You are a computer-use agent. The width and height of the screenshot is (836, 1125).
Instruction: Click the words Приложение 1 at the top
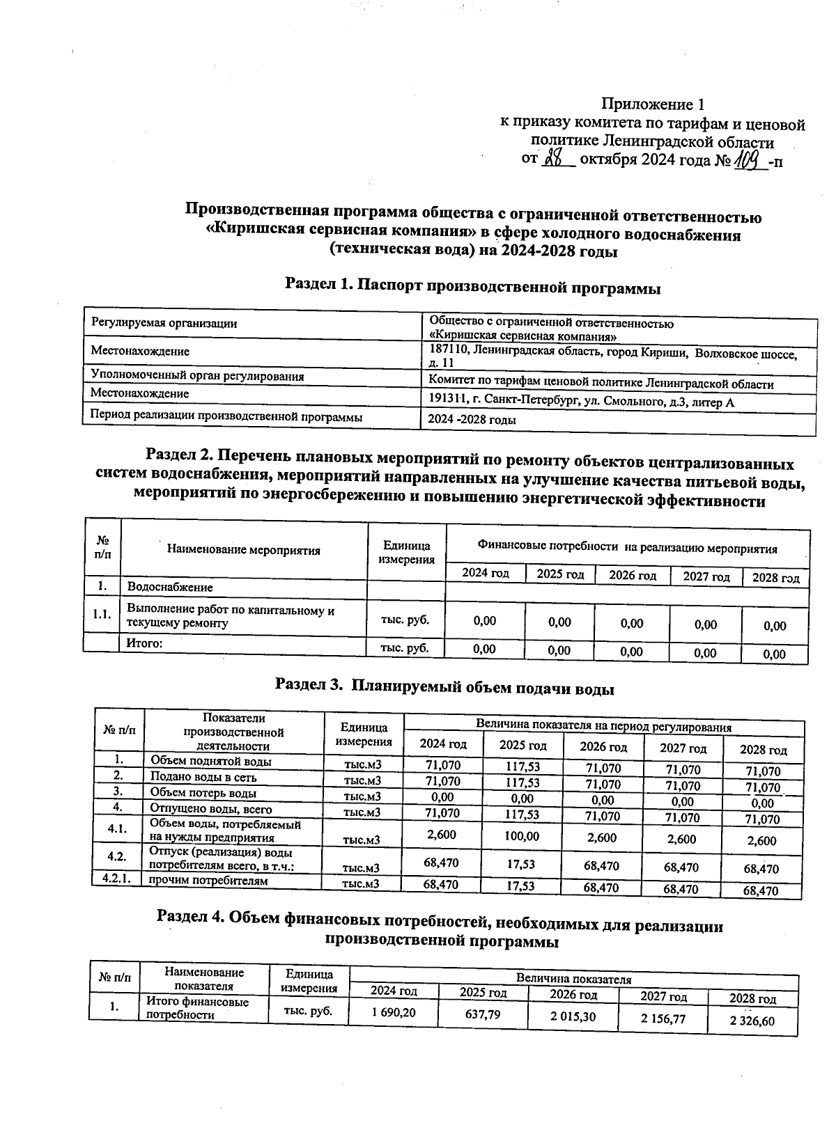[x=653, y=105]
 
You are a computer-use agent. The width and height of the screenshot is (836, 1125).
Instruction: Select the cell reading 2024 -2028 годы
[x=472, y=420]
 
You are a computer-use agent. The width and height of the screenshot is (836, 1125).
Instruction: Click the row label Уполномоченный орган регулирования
[x=198, y=376]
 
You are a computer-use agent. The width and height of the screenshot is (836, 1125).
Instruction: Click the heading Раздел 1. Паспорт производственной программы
[x=472, y=287]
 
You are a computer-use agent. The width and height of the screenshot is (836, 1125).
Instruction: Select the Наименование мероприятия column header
[x=243, y=550]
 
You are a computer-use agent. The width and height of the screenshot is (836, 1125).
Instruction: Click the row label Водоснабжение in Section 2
[x=169, y=588]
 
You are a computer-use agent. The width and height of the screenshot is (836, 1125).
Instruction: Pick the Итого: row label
[x=144, y=643]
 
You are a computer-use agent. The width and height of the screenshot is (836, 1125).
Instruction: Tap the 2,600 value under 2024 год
[x=442, y=835]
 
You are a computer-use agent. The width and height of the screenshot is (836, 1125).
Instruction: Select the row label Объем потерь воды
[x=203, y=793]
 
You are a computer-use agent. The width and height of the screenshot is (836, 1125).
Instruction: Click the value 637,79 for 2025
[x=482, y=1014]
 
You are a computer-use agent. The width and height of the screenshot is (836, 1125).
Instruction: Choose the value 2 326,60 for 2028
[x=752, y=1021]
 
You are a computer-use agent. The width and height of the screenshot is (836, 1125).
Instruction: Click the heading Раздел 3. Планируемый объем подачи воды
[x=444, y=688]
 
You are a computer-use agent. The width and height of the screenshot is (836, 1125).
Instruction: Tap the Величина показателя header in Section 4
[x=573, y=978]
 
